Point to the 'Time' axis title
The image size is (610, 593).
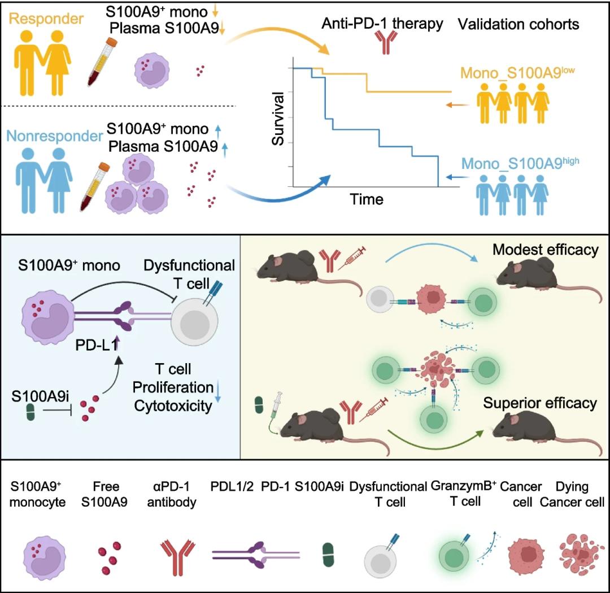tap(366, 199)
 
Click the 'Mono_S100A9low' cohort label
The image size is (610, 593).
tap(517, 73)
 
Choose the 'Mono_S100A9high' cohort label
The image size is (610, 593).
tap(520, 164)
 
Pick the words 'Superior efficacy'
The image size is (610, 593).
tap(540, 403)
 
